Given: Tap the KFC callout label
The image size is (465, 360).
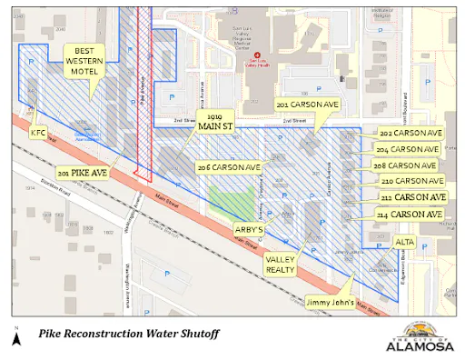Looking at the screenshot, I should (x=38, y=133).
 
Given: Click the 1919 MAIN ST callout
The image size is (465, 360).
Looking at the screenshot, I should (x=215, y=125).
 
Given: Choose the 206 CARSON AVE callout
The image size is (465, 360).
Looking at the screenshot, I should (x=229, y=167).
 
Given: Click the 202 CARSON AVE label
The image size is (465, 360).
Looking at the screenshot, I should (x=411, y=133).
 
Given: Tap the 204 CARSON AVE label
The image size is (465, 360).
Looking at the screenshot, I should (x=409, y=149).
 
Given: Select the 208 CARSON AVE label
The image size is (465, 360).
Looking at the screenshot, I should (x=407, y=165).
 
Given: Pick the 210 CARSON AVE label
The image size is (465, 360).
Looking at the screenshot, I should (x=411, y=181).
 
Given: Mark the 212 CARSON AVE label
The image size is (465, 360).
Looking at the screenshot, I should (x=413, y=197).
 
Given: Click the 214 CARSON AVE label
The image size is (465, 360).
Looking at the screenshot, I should (x=411, y=214).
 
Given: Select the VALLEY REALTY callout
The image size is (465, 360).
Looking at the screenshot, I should (x=280, y=265).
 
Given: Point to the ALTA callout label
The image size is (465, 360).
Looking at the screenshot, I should (x=404, y=244).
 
